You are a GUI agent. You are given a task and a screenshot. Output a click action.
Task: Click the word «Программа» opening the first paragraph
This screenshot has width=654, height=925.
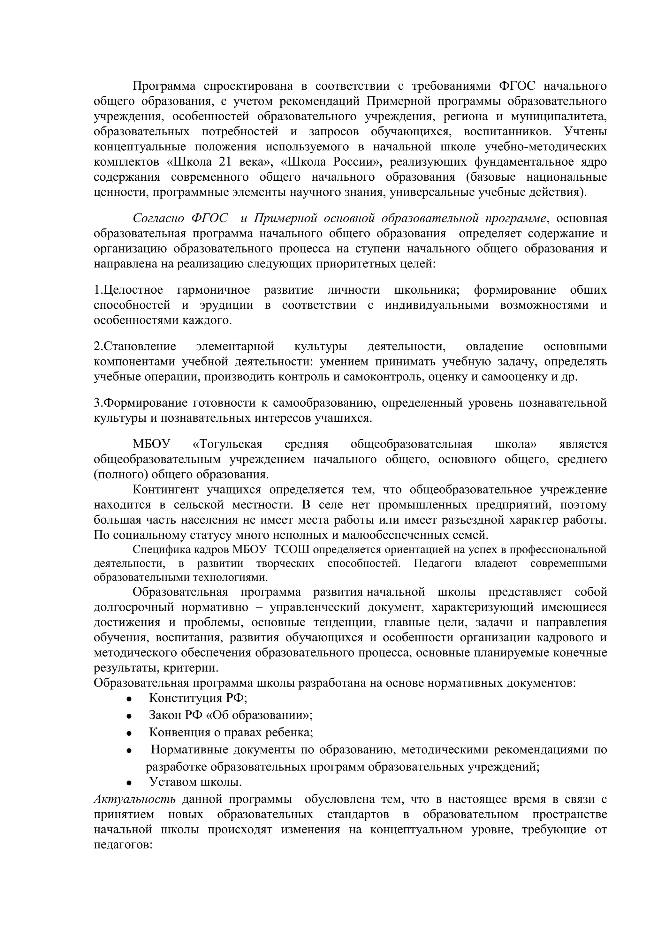164,86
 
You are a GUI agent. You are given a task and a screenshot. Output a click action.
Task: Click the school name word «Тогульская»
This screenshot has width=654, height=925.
228,444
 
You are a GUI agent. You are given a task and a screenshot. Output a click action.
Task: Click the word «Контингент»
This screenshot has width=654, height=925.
166,490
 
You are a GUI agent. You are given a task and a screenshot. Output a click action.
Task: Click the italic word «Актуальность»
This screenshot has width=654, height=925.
134,799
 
